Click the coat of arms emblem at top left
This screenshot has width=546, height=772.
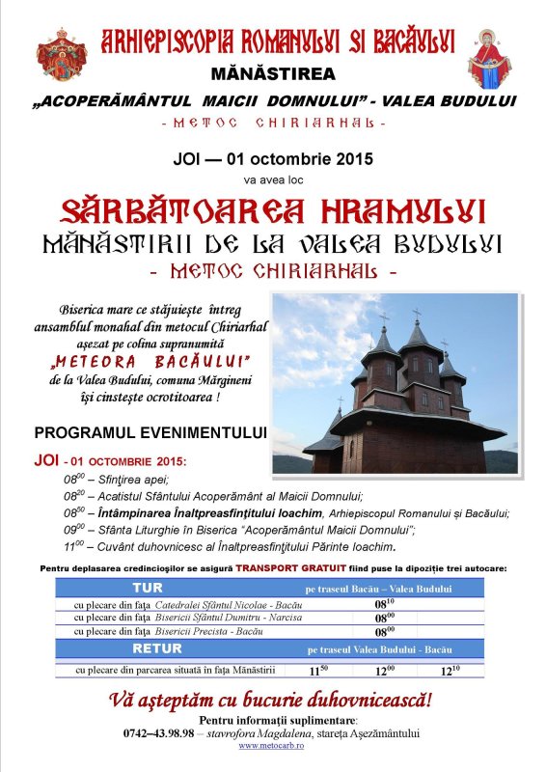point(63,55)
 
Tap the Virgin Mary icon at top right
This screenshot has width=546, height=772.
point(489,58)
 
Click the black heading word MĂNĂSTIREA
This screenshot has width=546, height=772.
point(272,73)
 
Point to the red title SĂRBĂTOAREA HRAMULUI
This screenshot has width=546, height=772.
point(273,209)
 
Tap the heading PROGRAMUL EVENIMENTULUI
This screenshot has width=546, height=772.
point(150,431)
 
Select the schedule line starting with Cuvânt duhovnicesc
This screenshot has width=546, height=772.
point(241,544)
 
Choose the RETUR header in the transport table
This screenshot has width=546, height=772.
point(156,649)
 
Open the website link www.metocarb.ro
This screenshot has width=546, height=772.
point(273,745)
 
